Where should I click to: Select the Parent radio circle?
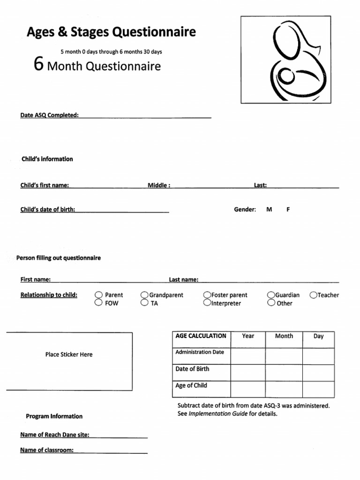98,295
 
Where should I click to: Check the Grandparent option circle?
145,295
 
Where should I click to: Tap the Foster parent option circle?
207,295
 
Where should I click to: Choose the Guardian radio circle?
271,295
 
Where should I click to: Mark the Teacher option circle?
313,295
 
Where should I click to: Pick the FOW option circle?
98,303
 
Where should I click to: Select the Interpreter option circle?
207,303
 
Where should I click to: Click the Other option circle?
271,303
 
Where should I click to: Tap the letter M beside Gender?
269,210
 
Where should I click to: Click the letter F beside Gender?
288,210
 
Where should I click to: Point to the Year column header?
248,336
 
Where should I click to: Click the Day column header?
318,336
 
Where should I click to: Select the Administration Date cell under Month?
284,356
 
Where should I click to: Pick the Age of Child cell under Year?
248,389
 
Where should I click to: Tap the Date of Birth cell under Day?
318,372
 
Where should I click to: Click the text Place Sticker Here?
69,354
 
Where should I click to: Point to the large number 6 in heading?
39,65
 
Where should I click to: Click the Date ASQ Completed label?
49,115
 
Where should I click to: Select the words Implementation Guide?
217,414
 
